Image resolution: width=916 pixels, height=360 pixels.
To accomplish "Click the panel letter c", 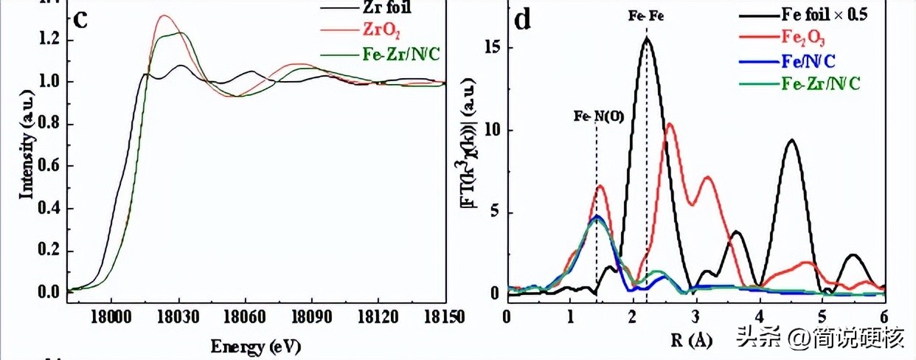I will click(x=81, y=18).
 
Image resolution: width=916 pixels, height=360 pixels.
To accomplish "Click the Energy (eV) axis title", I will click(x=256, y=346).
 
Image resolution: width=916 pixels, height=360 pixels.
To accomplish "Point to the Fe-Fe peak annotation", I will click(x=647, y=15).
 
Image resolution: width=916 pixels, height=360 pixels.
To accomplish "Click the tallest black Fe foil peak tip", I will click(x=647, y=38).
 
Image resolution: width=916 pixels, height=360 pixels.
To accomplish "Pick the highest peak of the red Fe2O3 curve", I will click(x=670, y=124).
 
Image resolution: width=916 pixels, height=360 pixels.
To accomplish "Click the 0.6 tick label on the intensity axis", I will click(x=48, y=166).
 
